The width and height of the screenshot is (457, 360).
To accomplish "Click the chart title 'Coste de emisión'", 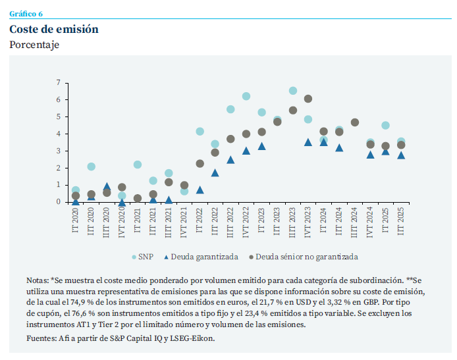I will coord(54,30).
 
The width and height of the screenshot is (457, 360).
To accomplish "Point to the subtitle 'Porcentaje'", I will coord(34,45).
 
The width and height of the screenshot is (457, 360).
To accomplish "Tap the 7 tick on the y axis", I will coord(58,83).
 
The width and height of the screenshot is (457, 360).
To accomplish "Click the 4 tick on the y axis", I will coord(58,134).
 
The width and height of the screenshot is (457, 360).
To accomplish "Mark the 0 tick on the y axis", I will coord(58,202).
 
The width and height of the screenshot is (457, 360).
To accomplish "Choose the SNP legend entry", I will coord(149,257).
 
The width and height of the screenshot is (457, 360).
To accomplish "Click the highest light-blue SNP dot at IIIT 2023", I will coord(292,91).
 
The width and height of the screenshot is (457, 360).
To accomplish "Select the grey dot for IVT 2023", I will coord(308,99).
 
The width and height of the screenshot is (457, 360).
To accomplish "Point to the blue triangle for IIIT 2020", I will coord(107,187).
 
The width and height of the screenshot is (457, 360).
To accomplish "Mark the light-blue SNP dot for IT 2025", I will coord(385,125).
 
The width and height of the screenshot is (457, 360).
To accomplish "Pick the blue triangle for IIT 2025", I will coord(401,155).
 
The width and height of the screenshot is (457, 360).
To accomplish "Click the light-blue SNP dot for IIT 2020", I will coord(91,167).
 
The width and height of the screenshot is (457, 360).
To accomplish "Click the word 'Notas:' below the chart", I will coord(37,279).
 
